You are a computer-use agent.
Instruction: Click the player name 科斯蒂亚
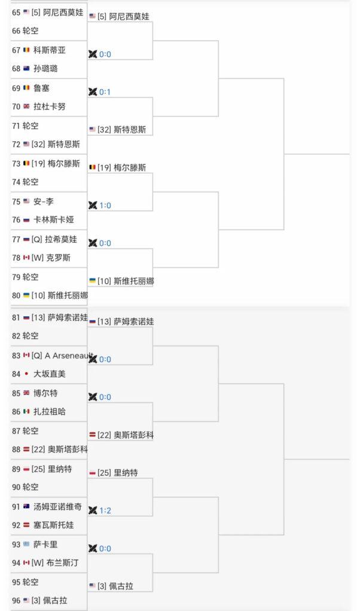click(50, 50)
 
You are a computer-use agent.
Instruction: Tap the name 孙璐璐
click(45, 69)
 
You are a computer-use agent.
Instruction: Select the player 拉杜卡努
click(50, 106)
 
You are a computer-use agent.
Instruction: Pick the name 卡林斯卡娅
click(54, 220)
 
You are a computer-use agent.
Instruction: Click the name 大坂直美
click(50, 374)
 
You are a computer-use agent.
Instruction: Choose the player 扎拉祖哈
click(50, 411)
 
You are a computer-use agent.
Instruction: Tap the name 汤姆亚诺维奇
click(57, 506)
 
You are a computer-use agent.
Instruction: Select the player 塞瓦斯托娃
click(54, 525)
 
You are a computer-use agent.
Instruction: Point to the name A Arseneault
click(68, 355)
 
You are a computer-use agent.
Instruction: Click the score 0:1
click(105, 92)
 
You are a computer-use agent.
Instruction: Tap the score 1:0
click(105, 205)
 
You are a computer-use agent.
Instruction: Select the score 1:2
click(105, 511)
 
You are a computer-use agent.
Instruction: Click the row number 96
click(16, 601)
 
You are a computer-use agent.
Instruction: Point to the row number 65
click(16, 13)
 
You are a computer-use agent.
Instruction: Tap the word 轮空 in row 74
click(30, 182)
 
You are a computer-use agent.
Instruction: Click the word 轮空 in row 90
click(30, 487)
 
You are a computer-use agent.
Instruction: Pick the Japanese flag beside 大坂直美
click(26, 374)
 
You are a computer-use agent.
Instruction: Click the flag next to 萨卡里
click(26, 544)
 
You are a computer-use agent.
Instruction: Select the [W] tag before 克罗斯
click(38, 258)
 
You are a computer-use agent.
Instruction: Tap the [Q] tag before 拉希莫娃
click(37, 240)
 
